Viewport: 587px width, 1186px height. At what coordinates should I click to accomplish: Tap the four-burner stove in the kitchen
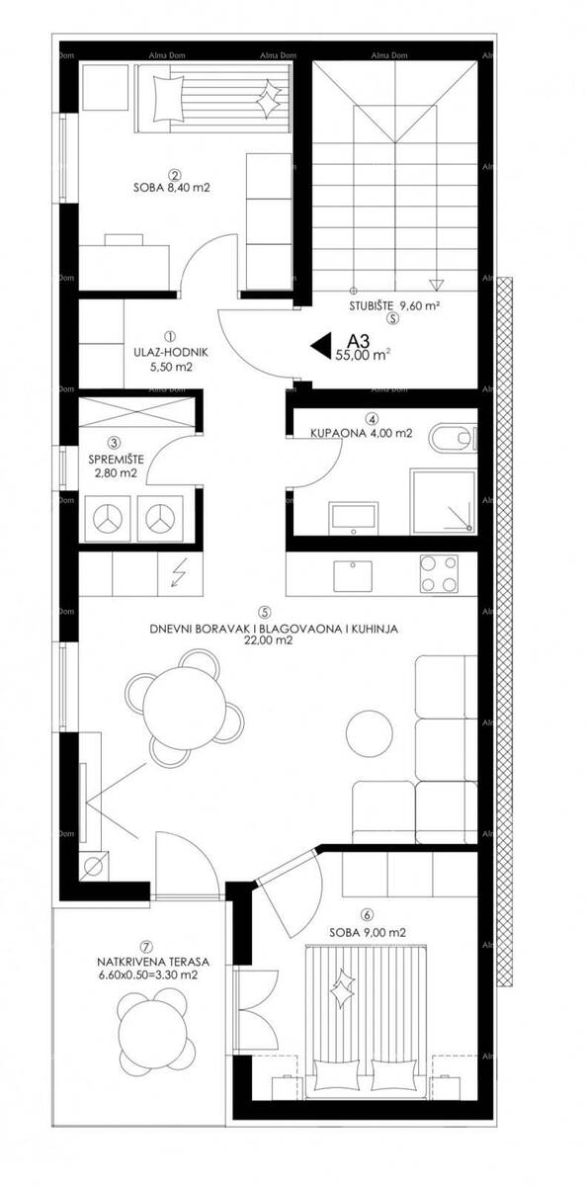coord(438,574)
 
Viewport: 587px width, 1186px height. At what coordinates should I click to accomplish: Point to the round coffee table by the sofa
coord(370,734)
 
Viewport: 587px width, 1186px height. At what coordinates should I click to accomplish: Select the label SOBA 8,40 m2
coord(172,188)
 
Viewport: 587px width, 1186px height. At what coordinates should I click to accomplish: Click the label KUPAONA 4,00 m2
coord(362,433)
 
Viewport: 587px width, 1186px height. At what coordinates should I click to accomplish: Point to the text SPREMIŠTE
coord(116,461)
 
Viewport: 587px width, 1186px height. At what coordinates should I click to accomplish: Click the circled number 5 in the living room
coord(265,612)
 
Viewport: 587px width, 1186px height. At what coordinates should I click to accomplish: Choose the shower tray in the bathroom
coord(443,500)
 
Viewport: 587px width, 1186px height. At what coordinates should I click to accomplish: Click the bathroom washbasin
coord(354,518)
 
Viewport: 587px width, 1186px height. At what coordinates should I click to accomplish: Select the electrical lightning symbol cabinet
coord(181,574)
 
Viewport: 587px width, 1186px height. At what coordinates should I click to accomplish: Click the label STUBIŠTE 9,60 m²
coord(395,305)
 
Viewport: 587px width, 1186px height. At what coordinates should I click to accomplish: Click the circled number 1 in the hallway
coord(170,336)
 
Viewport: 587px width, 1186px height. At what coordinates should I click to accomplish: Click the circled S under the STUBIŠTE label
coord(392,318)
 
